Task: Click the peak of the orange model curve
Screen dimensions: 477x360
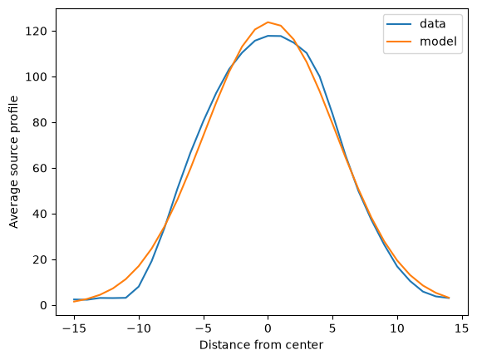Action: [268, 22]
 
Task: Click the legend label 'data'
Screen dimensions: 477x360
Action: [432, 24]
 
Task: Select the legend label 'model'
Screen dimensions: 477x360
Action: [438, 41]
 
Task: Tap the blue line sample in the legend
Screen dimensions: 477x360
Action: [399, 24]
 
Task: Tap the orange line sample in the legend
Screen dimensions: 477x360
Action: [399, 42]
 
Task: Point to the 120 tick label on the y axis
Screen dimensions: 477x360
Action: [36, 32]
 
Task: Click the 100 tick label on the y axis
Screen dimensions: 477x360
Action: [36, 77]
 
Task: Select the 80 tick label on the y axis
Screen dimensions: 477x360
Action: [40, 123]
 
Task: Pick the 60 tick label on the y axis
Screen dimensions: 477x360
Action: [40, 168]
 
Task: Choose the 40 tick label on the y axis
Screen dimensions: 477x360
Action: [40, 214]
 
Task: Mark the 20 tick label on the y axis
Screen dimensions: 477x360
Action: [40, 260]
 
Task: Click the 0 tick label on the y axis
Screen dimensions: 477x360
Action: [43, 305]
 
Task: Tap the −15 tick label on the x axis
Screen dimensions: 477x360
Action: [74, 328]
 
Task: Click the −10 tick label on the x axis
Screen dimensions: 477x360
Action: [139, 328]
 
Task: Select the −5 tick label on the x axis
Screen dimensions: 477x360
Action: [204, 328]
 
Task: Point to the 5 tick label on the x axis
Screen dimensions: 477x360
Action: [332, 328]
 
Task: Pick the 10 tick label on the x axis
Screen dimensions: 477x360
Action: [397, 328]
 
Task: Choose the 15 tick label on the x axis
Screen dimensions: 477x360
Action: [462, 328]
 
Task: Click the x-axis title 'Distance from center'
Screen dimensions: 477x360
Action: [261, 345]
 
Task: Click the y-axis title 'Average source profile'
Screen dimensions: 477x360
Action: [14, 162]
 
